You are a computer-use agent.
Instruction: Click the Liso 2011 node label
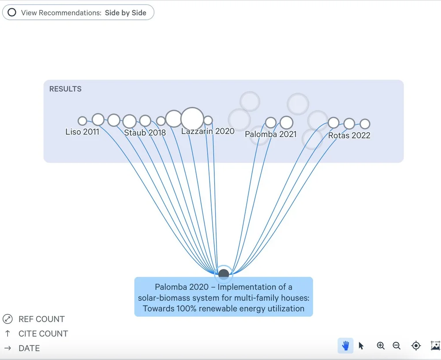82,132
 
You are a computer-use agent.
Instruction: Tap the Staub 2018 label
145,133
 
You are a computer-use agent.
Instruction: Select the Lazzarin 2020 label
208,131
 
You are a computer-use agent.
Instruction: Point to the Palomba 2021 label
271,134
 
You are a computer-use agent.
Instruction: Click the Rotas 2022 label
349,135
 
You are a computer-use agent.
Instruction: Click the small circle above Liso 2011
82,121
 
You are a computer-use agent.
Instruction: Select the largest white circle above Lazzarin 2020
192,118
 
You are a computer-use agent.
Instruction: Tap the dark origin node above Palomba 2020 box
224,274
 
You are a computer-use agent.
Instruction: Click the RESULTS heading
65,89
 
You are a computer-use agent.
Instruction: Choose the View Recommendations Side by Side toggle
78,13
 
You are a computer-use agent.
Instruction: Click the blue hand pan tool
345,346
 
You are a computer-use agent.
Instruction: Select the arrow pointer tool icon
361,346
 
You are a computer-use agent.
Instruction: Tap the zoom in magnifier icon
381,346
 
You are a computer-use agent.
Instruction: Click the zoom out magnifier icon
396,346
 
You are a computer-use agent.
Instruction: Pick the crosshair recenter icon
416,346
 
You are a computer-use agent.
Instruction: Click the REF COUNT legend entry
41,319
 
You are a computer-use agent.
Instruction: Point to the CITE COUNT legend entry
43,334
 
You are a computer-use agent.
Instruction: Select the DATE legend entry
29,348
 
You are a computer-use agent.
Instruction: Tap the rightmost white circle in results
365,124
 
